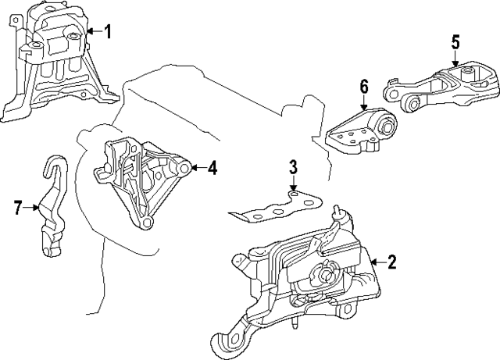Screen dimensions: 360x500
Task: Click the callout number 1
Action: (x=108, y=32)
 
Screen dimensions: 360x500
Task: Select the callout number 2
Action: (x=391, y=262)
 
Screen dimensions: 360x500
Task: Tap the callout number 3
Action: (x=293, y=166)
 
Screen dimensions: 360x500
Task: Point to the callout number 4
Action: (x=212, y=167)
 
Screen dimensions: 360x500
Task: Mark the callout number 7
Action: (x=19, y=207)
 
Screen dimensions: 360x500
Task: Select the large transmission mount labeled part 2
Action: (x=305, y=273)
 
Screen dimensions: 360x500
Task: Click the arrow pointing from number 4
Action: (x=197, y=167)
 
